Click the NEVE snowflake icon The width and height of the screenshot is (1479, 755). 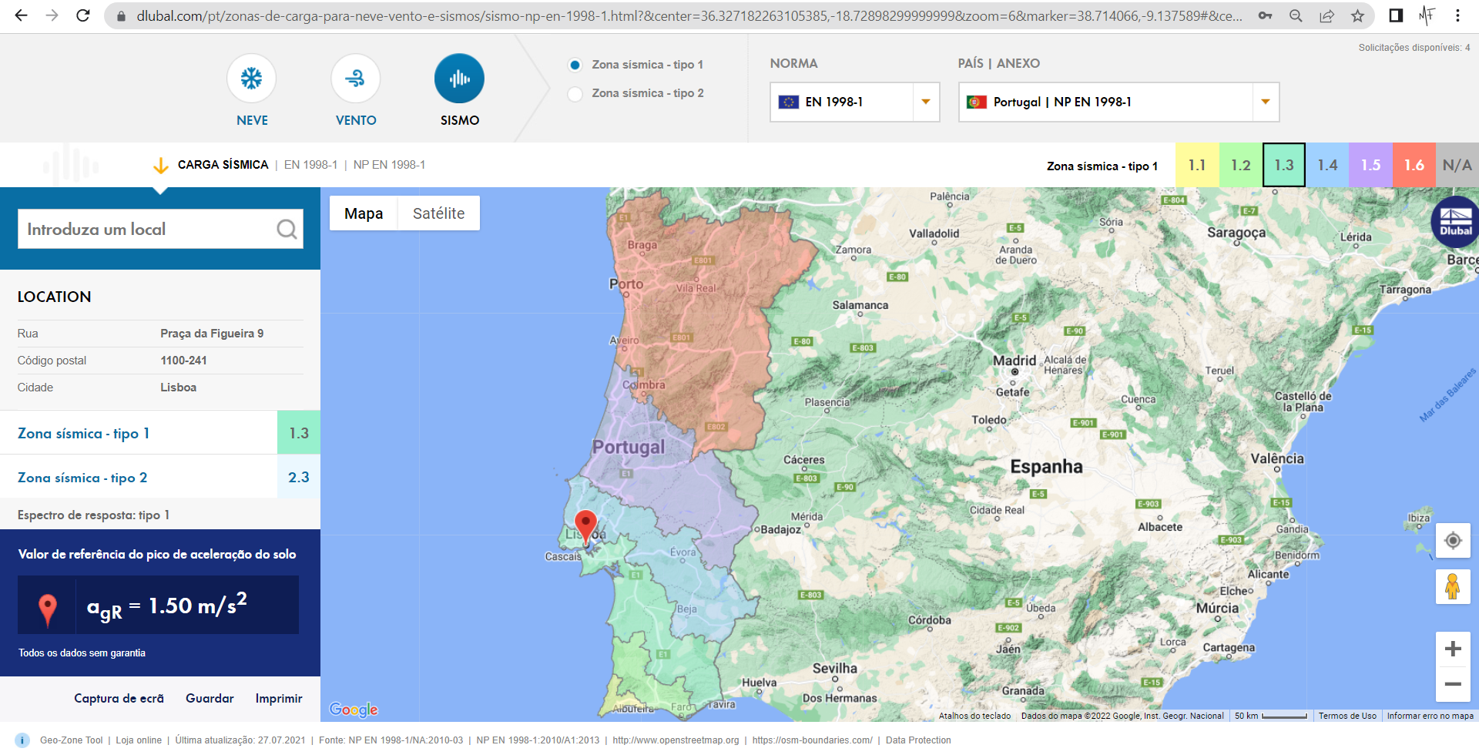coord(251,79)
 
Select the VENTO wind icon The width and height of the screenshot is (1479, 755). coord(355,79)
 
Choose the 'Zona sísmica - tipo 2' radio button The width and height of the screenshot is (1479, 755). coord(575,94)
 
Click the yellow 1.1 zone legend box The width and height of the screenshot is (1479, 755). coord(1197,165)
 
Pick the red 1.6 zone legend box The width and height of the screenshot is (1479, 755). coord(1414,165)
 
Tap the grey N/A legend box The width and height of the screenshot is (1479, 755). coord(1457,165)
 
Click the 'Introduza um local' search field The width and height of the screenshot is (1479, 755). coord(146,229)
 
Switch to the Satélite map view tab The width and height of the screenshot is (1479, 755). coord(438,213)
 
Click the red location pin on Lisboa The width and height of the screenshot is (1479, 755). coord(586,526)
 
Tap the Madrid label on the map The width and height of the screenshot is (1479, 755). coord(1014,361)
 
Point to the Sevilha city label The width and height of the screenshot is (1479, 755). coord(834,669)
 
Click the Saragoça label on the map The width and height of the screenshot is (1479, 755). coord(1236,233)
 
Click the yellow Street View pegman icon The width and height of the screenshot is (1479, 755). coord(1453,587)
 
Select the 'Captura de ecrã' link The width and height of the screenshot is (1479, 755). coord(119,698)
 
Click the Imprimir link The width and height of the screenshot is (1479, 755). coord(279,698)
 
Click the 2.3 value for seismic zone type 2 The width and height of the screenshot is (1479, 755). coord(299,478)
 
